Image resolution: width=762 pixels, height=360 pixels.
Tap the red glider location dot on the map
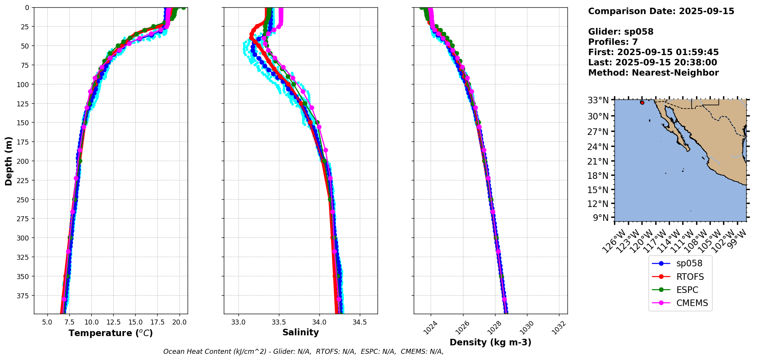tap(642, 103)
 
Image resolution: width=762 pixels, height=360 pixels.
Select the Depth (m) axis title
tap(8, 161)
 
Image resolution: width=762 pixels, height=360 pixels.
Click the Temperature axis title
tap(111, 333)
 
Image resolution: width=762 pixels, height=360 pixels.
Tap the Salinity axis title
tap(300, 333)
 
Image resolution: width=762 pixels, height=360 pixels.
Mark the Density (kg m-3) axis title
tap(490, 342)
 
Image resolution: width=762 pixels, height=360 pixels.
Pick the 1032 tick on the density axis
tap(559, 328)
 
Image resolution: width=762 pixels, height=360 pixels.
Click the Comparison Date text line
tap(661, 11)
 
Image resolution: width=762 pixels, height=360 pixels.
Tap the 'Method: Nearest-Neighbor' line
tap(653, 73)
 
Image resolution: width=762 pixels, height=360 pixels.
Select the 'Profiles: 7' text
tap(613, 42)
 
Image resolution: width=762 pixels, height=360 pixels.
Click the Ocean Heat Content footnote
tap(303, 352)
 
